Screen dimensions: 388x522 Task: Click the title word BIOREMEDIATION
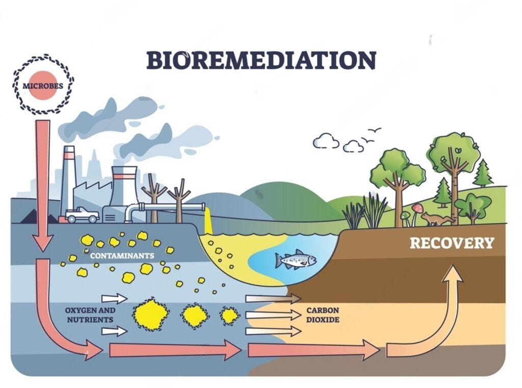(x=261, y=60)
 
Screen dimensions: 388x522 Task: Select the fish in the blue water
(x=296, y=260)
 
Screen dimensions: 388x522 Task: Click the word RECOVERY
(x=452, y=243)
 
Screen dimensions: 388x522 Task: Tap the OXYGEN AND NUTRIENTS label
(x=90, y=315)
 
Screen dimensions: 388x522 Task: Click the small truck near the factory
(x=82, y=215)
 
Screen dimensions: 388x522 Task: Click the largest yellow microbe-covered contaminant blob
(x=151, y=315)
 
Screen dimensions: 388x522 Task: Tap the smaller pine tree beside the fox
(x=442, y=193)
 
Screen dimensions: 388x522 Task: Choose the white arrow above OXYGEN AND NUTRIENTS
(x=114, y=298)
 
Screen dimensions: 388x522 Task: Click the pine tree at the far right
(x=482, y=173)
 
